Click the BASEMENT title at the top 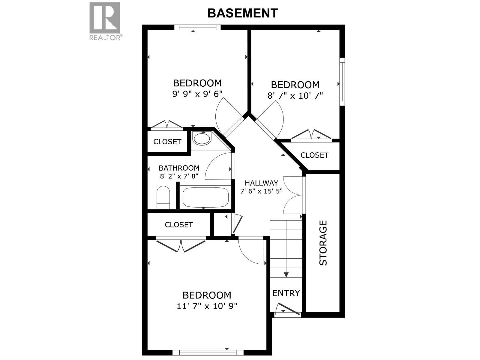[x=242, y=13]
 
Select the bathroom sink [x=201, y=139]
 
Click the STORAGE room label [x=323, y=243]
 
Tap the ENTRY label [x=286, y=293]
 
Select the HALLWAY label [x=261, y=183]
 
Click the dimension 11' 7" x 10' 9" [x=207, y=306]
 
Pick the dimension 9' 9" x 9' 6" [x=197, y=94]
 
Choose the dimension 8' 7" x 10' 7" [x=295, y=96]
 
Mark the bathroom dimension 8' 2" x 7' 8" [x=179, y=176]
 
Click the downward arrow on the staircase [x=286, y=274]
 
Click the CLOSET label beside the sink [x=167, y=142]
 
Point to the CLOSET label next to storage [x=314, y=155]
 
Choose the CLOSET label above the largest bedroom [x=178, y=225]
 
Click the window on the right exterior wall [x=342, y=81]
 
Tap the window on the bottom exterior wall [x=208, y=352]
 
